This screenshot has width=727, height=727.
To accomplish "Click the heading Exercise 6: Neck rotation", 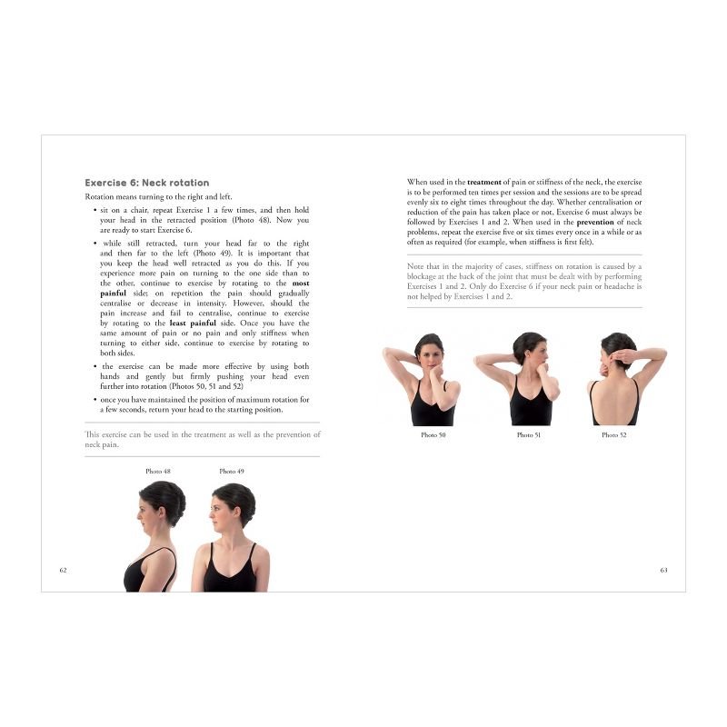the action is point(147,183).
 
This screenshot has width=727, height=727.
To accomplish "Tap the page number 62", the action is point(63,570).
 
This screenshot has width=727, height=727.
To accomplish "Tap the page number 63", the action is point(664,570).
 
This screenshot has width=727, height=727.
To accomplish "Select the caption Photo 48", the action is point(158,471).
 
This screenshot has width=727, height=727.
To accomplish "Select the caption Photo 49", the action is point(232,471).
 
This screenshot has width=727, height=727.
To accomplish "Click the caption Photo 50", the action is point(433,435).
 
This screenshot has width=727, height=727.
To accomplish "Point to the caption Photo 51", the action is point(529,435).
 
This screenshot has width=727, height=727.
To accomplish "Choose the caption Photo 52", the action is point(614,435).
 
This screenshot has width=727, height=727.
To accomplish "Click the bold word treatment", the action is point(484,183).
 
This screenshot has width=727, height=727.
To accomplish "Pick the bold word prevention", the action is point(595,222).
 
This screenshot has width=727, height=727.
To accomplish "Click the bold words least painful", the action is point(193,324).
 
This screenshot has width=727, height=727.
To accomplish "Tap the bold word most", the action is point(301,284).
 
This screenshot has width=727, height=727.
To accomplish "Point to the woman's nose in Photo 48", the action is point(139,513).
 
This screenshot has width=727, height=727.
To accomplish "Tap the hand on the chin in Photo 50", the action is point(435,372).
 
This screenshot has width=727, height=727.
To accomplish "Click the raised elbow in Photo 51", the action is point(479,360).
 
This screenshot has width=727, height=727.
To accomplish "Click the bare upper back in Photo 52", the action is point(614,399).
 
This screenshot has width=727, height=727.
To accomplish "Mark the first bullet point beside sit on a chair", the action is point(95,211).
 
